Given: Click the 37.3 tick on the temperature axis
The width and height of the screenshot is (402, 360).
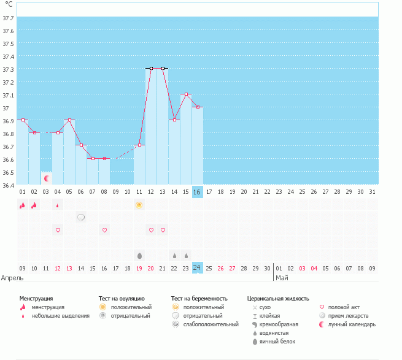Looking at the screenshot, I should [x=9, y=69].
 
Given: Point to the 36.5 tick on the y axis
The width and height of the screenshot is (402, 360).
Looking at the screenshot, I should [x=9, y=172].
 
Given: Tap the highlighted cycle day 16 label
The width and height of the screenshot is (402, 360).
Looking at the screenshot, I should [x=197, y=192].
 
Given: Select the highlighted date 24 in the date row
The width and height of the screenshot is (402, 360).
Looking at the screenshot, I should [x=197, y=268].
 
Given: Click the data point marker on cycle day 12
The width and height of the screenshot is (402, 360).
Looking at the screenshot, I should [x=151, y=68].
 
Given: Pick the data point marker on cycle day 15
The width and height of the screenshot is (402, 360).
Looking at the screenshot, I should [x=186, y=94].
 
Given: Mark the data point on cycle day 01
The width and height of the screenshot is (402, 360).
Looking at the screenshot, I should [x=23, y=120].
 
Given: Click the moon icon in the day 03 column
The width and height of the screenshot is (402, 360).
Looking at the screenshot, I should [x=46, y=178].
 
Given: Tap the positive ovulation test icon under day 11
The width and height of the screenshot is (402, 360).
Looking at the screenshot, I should [x=139, y=205].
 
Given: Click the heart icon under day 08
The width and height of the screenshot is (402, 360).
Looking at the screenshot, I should [x=104, y=230].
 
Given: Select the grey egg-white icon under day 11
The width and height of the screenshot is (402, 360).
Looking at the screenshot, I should [x=139, y=255].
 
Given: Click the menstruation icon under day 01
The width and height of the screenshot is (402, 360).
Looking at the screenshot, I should [x=23, y=205].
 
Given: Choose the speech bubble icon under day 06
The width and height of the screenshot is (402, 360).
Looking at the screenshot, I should [x=81, y=217].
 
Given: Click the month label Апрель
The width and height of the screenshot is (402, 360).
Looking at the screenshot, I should [x=12, y=278].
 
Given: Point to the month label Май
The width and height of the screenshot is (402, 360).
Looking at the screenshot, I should [x=282, y=278].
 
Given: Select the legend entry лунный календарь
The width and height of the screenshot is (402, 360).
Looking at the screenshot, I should [x=352, y=324].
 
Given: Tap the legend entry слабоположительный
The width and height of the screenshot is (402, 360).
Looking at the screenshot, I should [x=210, y=324].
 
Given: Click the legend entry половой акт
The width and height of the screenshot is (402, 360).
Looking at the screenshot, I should [x=344, y=307].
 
